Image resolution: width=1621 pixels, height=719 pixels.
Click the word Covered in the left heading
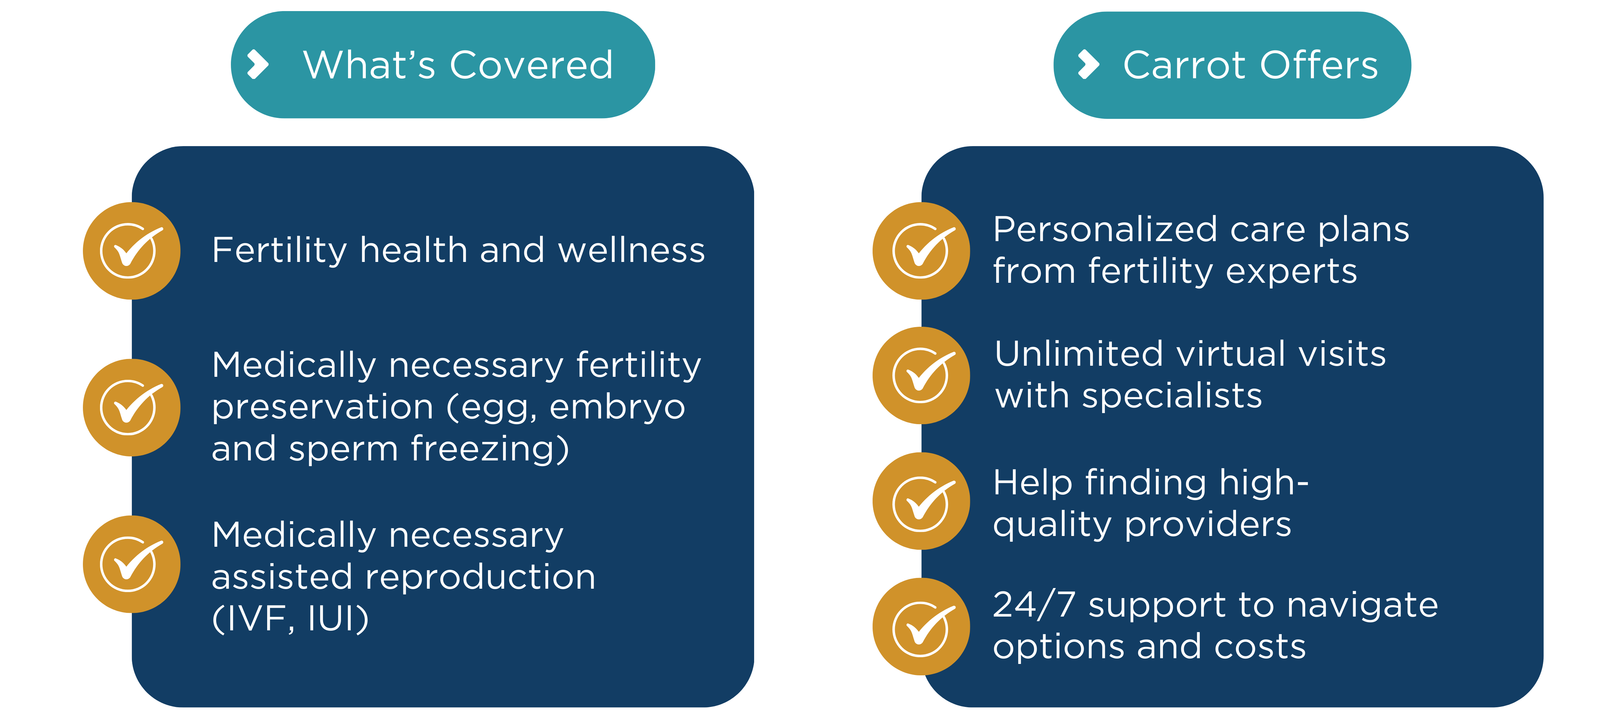coord(532,65)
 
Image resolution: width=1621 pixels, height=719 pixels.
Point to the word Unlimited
coord(1079,354)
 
